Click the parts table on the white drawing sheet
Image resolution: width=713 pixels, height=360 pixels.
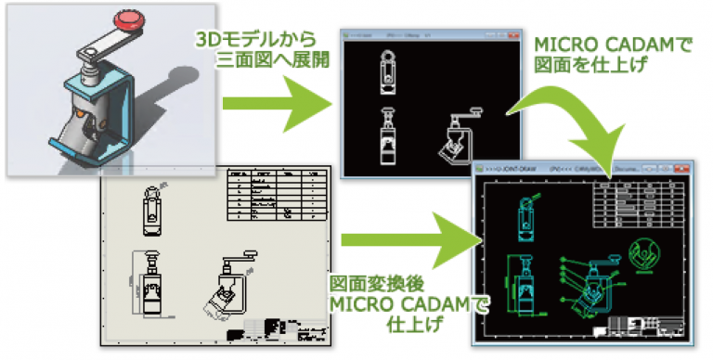coord(279,194)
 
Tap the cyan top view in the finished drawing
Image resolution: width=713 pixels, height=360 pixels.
coord(521,218)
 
